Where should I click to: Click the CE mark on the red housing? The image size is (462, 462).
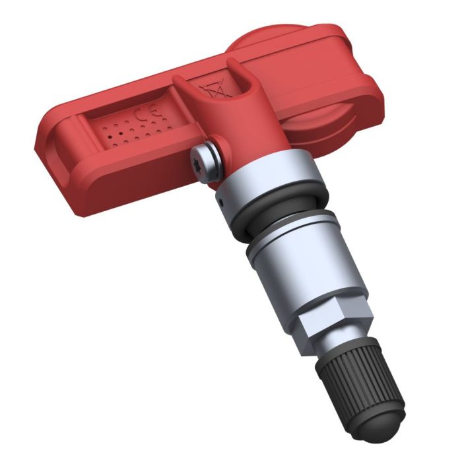coord(141,116)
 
